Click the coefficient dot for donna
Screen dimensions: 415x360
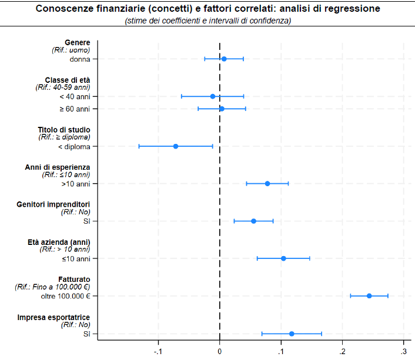point(224,59)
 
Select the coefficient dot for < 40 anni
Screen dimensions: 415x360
point(213,96)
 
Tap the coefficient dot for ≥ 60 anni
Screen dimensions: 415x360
point(222,109)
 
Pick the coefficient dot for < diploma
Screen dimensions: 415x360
point(176,146)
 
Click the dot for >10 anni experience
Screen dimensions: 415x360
point(267,184)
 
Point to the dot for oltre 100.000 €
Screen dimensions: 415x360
point(369,296)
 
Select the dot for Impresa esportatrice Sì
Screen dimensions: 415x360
point(292,334)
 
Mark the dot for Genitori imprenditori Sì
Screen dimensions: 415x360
point(253,221)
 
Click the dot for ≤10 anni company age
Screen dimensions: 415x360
point(283,258)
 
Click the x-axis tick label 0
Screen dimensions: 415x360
point(219,352)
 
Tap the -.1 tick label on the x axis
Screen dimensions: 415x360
point(158,352)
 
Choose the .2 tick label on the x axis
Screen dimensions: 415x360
point(342,352)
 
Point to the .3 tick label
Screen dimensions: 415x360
point(403,352)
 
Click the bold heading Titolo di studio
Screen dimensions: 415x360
point(64,130)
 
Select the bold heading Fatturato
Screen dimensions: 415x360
point(74,280)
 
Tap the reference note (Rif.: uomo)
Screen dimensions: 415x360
point(71,50)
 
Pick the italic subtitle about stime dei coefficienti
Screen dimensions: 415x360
point(207,21)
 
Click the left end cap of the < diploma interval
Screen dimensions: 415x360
point(139,146)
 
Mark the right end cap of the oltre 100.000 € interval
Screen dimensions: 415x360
point(388,296)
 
